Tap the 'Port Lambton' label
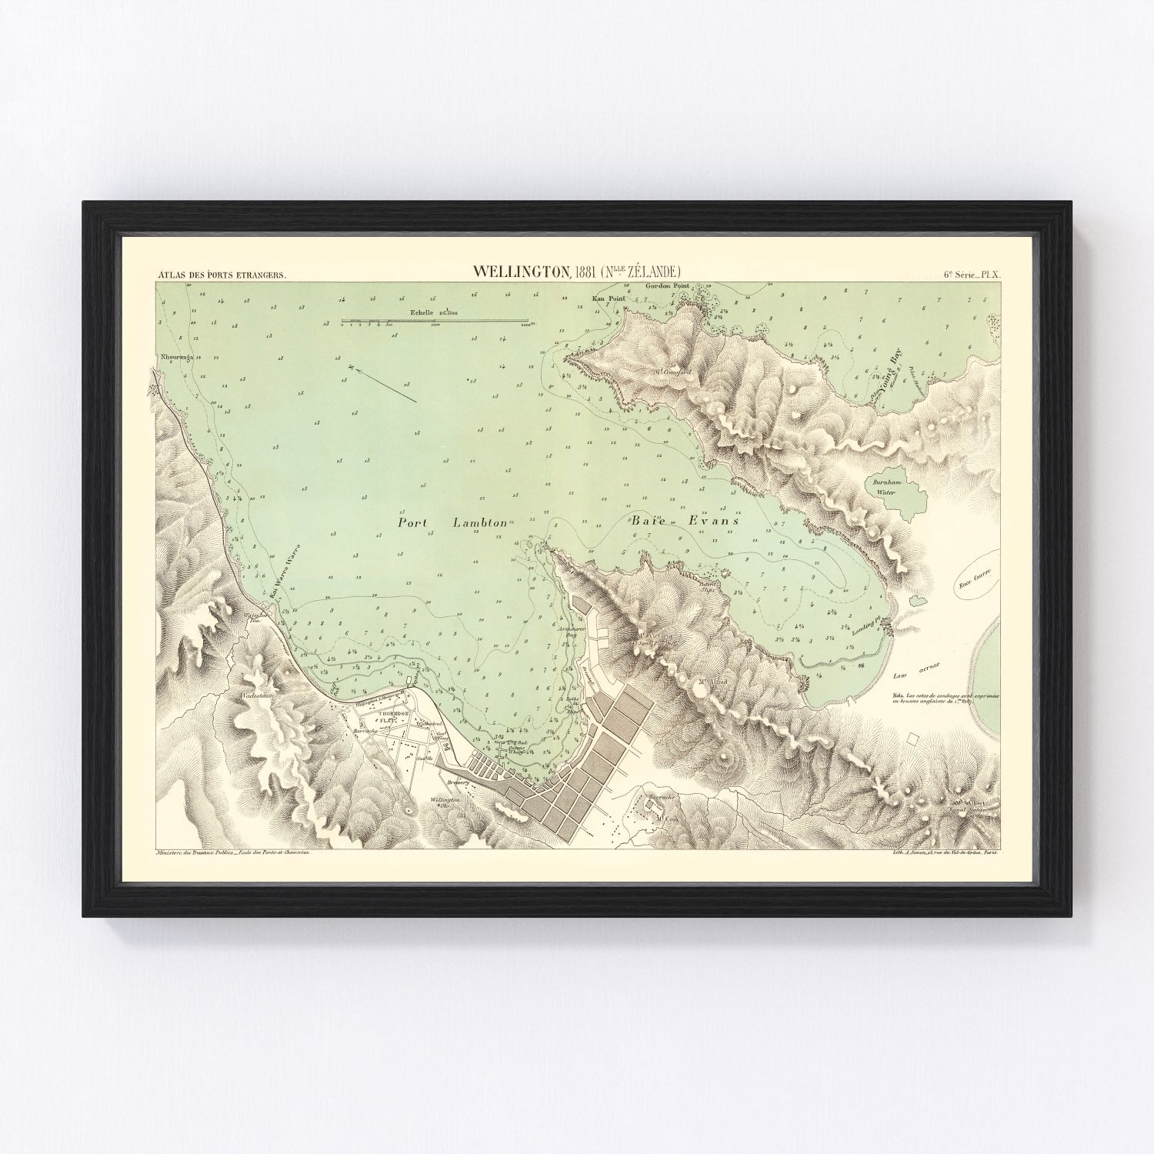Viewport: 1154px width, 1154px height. [452, 522]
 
